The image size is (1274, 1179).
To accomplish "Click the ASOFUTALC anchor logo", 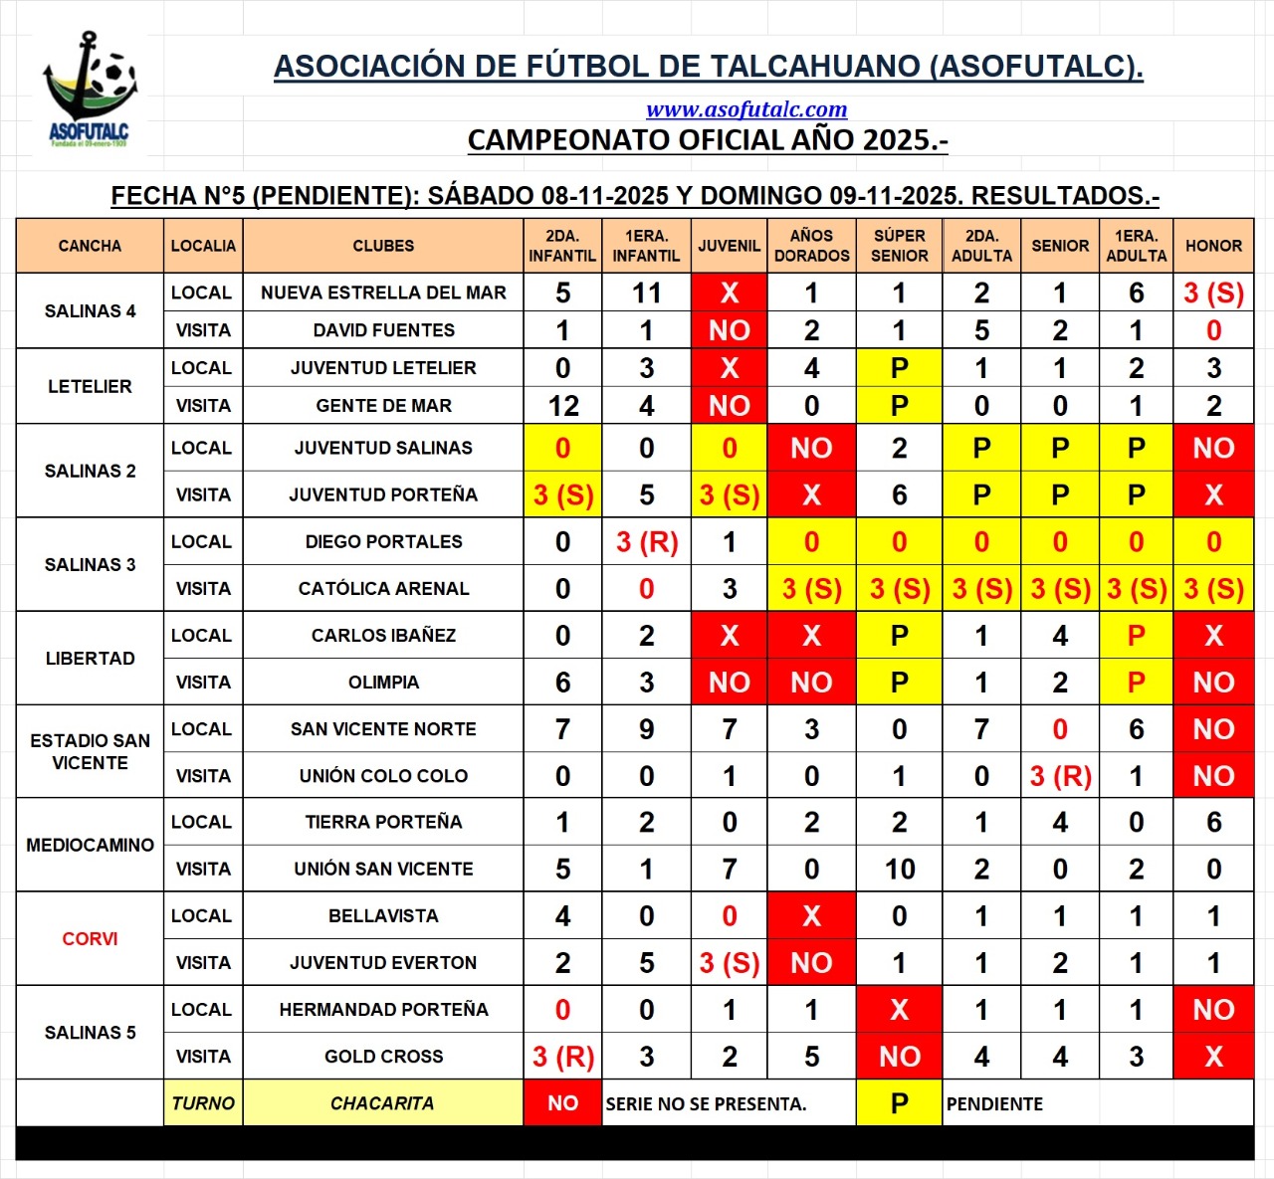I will (x=90, y=90).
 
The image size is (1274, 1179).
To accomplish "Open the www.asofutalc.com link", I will (x=746, y=109).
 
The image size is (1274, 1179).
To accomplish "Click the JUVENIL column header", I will (x=729, y=246).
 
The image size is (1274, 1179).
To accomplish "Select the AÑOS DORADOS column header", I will (x=811, y=246).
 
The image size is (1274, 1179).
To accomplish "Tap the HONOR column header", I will (x=1213, y=246).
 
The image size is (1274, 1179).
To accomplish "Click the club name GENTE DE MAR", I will (x=383, y=406).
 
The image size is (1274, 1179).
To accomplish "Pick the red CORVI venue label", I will (x=90, y=939).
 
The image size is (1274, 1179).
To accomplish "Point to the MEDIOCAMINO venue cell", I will (x=90, y=845).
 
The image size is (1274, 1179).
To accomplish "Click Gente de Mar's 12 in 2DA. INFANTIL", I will (x=562, y=406).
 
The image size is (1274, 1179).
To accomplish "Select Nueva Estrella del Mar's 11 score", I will (x=646, y=293).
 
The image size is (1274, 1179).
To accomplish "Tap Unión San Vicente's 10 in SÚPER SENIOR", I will (x=899, y=869).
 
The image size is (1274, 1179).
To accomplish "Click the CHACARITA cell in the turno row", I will (x=382, y=1103).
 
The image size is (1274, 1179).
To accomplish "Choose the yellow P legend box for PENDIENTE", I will (x=899, y=1103).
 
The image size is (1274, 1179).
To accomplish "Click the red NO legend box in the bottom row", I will (x=562, y=1103).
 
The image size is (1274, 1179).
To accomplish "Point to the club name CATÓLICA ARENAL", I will (x=383, y=588).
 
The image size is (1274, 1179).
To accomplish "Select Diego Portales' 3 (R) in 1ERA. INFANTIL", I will (x=646, y=542).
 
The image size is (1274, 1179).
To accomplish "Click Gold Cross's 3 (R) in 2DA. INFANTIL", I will (x=562, y=1057).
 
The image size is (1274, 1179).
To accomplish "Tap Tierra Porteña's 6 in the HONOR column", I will (x=1213, y=822).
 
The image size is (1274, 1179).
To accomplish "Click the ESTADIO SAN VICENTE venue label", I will (x=90, y=751).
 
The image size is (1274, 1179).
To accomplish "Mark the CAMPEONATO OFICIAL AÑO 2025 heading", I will (x=707, y=140).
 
